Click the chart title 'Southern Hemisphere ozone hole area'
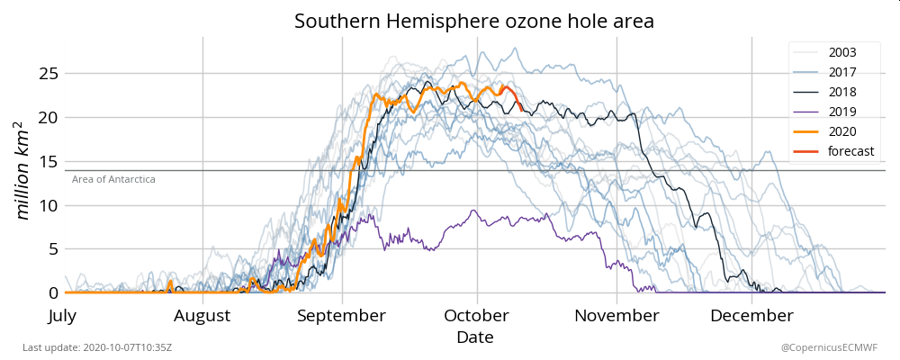[x=474, y=21]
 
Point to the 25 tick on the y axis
[x=49, y=73]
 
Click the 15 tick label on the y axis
[x=49, y=161]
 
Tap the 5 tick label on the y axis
[x=53, y=249]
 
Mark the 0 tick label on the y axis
[x=53, y=293]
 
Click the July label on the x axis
[x=64, y=316]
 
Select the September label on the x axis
[x=342, y=316]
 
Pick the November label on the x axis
[x=616, y=316]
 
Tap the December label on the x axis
[x=751, y=316]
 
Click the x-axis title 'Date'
[x=474, y=337]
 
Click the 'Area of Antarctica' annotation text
[x=113, y=180]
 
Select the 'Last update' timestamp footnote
[x=97, y=347]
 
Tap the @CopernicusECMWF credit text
[x=829, y=347]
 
